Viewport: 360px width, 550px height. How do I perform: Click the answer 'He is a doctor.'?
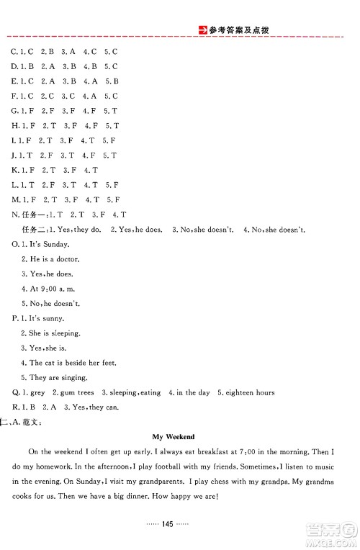tap(55, 258)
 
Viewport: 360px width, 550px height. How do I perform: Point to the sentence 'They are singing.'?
tap(58, 377)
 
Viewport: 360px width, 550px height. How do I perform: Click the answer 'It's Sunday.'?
tap(50, 243)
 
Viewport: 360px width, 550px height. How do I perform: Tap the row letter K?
tap(14, 170)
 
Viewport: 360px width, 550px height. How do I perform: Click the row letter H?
tap(14, 125)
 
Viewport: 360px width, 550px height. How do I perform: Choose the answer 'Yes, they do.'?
tap(77, 229)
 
